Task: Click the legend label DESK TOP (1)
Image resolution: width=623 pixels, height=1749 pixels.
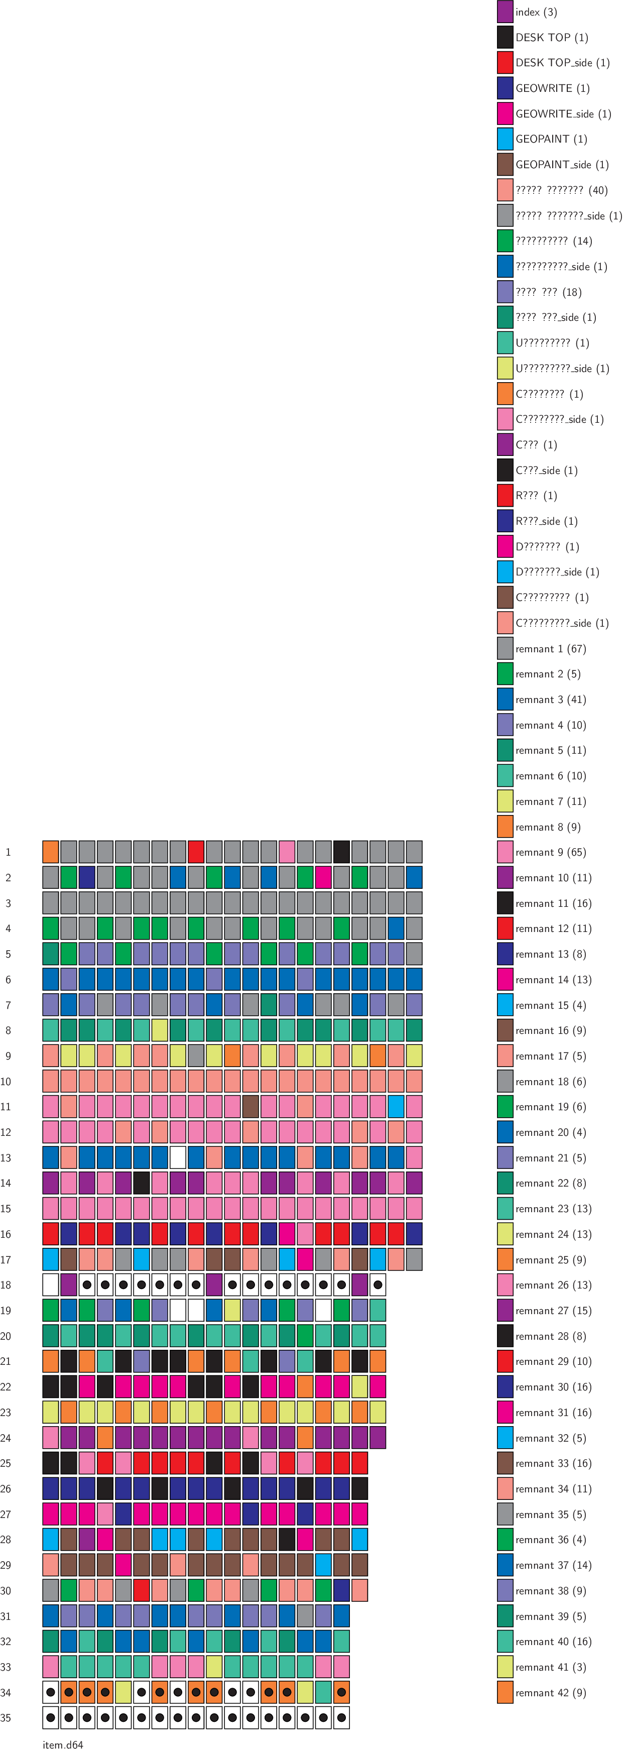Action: pyautogui.click(x=551, y=37)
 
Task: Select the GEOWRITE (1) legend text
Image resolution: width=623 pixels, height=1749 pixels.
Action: pyautogui.click(x=552, y=88)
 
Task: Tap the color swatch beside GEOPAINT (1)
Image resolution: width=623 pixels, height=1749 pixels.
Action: pyautogui.click(x=505, y=139)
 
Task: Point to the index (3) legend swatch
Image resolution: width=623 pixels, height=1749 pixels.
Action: pyautogui.click(x=505, y=12)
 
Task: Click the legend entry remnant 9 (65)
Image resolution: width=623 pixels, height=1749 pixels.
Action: pyautogui.click(x=550, y=853)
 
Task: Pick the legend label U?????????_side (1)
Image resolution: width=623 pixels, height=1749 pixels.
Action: pyautogui.click(x=562, y=369)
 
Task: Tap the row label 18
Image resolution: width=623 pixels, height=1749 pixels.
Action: pyautogui.click(x=6, y=1286)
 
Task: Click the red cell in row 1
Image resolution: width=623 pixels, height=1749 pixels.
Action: pyautogui.click(x=196, y=852)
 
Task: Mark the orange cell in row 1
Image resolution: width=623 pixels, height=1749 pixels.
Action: pyautogui.click(x=50, y=852)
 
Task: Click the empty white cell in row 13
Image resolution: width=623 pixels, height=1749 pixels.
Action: pyautogui.click(x=178, y=1157)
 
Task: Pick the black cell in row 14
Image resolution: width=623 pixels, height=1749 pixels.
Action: pyautogui.click(x=141, y=1183)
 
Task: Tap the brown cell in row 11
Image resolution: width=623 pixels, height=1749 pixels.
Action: pyautogui.click(x=251, y=1106)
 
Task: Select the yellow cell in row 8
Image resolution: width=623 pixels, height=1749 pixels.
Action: pyautogui.click(x=160, y=1030)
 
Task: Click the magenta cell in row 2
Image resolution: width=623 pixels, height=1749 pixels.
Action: pyautogui.click(x=323, y=877)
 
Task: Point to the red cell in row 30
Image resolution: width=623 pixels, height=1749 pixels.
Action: pyautogui.click(x=141, y=1590)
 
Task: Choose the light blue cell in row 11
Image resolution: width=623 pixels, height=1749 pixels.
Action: pyautogui.click(x=396, y=1106)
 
